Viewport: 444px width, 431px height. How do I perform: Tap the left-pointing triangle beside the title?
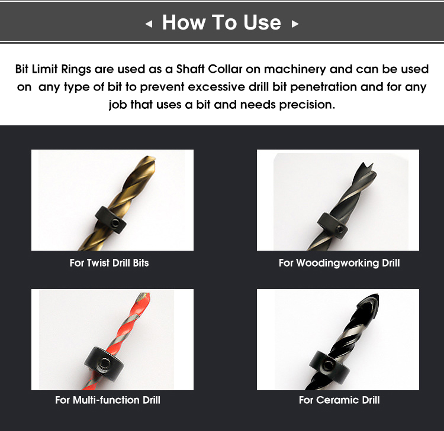[x=149, y=24]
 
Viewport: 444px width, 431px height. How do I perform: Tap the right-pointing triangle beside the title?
[x=295, y=24]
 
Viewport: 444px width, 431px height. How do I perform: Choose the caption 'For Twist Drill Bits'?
[x=109, y=263]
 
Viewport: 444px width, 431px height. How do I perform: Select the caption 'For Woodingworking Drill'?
[x=339, y=263]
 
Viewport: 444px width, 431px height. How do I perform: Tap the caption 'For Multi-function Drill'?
[x=108, y=400]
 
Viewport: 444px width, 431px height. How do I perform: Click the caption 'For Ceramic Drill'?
[x=339, y=400]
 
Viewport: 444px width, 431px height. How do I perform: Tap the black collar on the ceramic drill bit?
[x=325, y=362]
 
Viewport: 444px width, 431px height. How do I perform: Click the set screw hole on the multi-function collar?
[x=110, y=363]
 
